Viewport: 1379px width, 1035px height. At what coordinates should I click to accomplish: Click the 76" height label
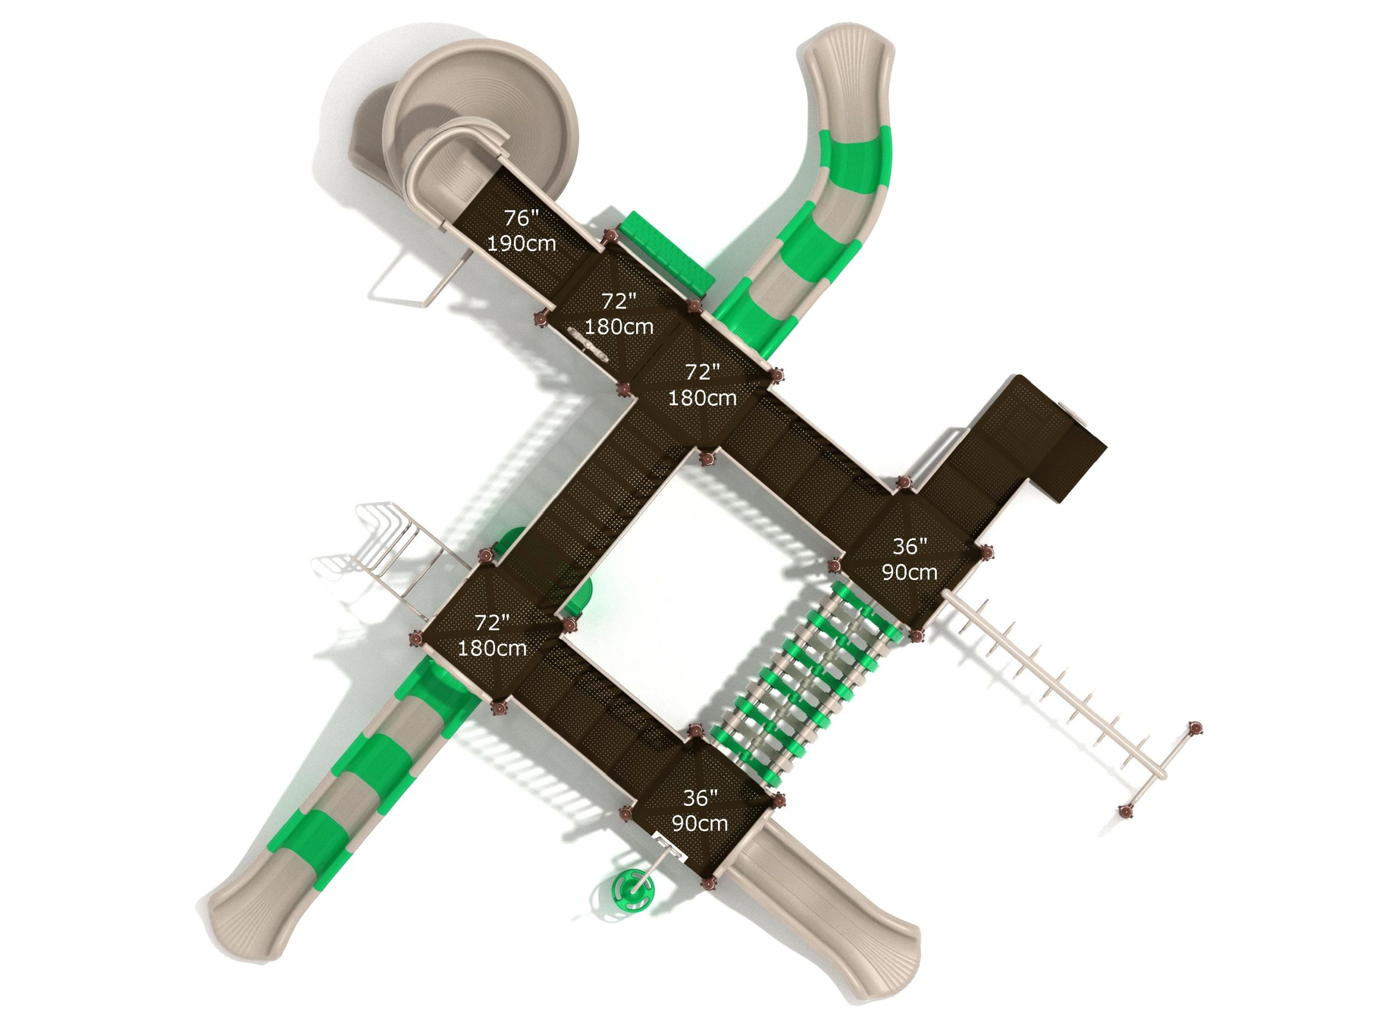(521, 218)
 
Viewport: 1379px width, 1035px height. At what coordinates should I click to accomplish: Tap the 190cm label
(521, 243)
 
